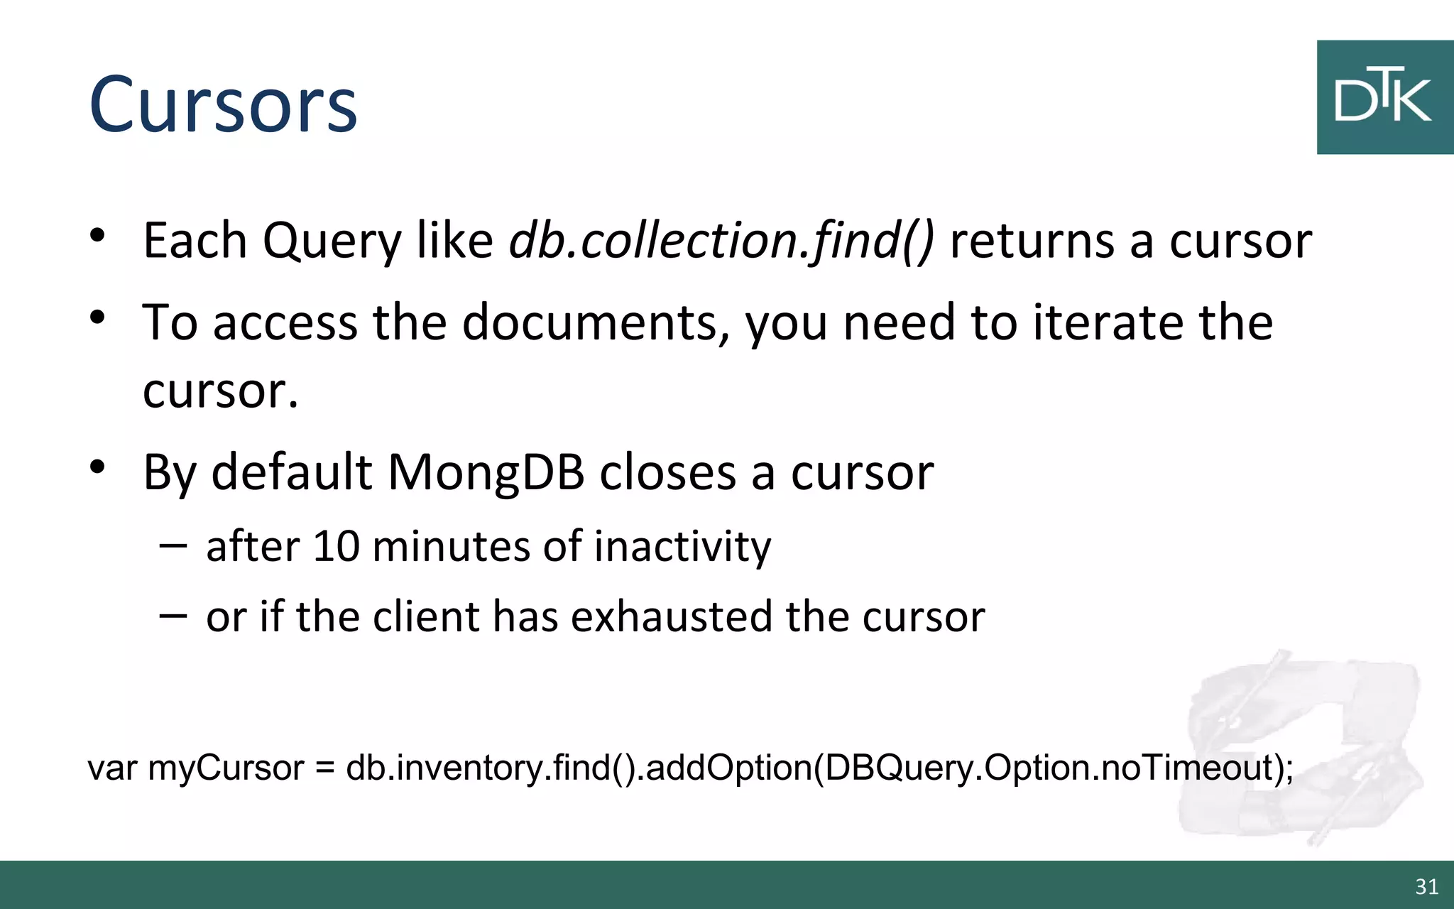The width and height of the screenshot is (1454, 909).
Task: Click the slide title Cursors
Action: pyautogui.click(x=223, y=105)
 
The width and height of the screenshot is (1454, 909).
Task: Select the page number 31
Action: pyautogui.click(x=1426, y=886)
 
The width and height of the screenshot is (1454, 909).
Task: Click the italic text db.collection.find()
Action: pyautogui.click(x=721, y=241)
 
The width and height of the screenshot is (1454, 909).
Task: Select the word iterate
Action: pyautogui.click(x=1108, y=323)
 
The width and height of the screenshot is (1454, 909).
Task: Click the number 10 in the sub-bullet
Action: pyautogui.click(x=335, y=547)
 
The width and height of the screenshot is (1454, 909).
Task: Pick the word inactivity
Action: pyautogui.click(x=682, y=547)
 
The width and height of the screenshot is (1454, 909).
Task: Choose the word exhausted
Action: pyautogui.click(x=670, y=616)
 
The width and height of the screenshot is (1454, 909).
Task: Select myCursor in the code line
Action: pyautogui.click(x=226, y=768)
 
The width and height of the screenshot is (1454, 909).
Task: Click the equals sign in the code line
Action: pyautogui.click(x=324, y=768)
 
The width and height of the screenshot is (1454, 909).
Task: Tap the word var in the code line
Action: pyautogui.click(x=112, y=768)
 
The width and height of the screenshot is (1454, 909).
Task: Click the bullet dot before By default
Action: pyautogui.click(x=98, y=467)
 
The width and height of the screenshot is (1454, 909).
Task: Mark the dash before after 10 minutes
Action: pyautogui.click(x=173, y=545)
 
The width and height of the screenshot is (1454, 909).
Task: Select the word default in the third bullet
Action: pyautogui.click(x=292, y=472)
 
